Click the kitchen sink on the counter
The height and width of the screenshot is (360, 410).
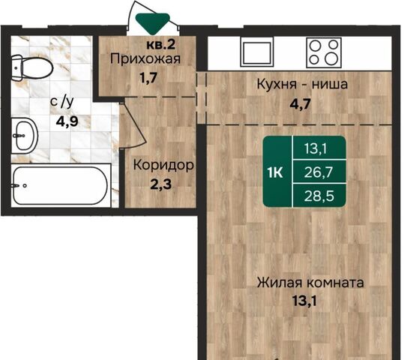click(257, 52)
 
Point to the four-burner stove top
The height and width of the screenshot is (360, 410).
click(324, 52)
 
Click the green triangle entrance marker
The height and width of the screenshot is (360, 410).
click(153, 23)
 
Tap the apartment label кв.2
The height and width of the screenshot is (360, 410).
click(160, 45)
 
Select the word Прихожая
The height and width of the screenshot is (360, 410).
click(145, 58)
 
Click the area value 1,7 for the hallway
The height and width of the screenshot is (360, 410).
click(148, 78)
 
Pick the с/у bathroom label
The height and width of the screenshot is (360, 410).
click(62, 102)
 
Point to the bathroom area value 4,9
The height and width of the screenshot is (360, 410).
click(67, 121)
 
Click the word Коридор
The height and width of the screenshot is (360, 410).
click(163, 165)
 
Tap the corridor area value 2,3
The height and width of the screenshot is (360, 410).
click(161, 184)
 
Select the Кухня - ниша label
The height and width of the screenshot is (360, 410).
click(302, 84)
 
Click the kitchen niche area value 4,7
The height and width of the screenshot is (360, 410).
click(301, 103)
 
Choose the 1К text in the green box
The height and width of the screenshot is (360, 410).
click(274, 172)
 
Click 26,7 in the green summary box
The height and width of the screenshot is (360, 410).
click(319, 172)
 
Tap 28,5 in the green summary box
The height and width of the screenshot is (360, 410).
click(319, 196)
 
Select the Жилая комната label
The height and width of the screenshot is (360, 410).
click(310, 283)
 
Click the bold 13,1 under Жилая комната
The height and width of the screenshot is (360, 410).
click(304, 301)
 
